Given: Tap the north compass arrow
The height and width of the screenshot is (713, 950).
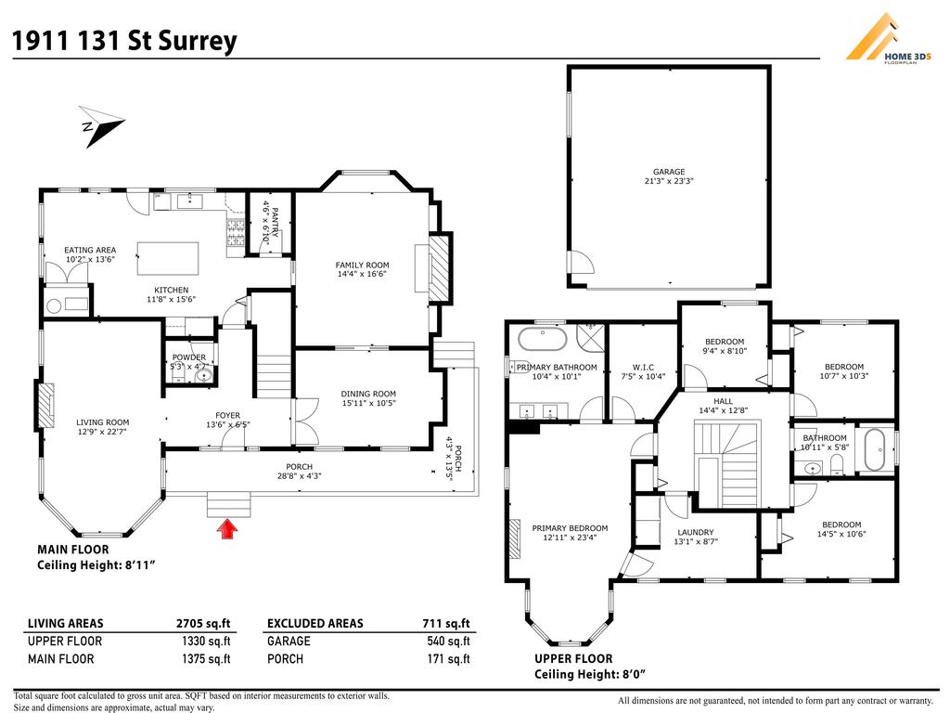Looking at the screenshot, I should tap(102, 128).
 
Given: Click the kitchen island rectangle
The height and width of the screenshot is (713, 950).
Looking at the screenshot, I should tap(168, 254).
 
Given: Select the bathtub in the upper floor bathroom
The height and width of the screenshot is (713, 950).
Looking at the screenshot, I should tap(875, 450).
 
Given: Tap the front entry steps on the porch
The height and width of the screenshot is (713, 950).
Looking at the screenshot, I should tap(229, 506).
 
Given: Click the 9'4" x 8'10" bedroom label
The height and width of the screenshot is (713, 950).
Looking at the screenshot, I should tap(724, 346).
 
